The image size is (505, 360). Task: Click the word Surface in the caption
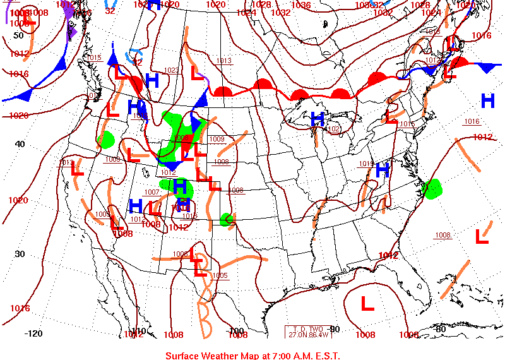click(x=183, y=356)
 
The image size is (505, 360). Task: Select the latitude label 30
click(x=20, y=254)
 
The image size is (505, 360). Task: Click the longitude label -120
click(x=33, y=333)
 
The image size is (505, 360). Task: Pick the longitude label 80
click(x=441, y=328)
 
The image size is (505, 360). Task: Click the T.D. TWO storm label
click(x=308, y=328)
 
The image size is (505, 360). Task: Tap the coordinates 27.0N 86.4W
click(x=308, y=334)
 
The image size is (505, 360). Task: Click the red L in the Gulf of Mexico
click(x=367, y=304)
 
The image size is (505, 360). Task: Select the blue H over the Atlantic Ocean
click(x=487, y=100)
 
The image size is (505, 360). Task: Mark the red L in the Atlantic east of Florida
click(x=482, y=237)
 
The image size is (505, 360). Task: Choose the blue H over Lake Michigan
click(x=318, y=119)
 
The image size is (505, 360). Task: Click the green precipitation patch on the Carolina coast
click(x=432, y=188)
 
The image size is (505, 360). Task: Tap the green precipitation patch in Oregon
click(x=106, y=139)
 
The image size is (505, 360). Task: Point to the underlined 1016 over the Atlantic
click(x=472, y=122)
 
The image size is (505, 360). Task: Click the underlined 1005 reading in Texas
click(x=220, y=275)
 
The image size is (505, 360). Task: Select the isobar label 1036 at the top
click(x=301, y=5)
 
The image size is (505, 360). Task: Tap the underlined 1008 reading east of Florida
click(x=443, y=236)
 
